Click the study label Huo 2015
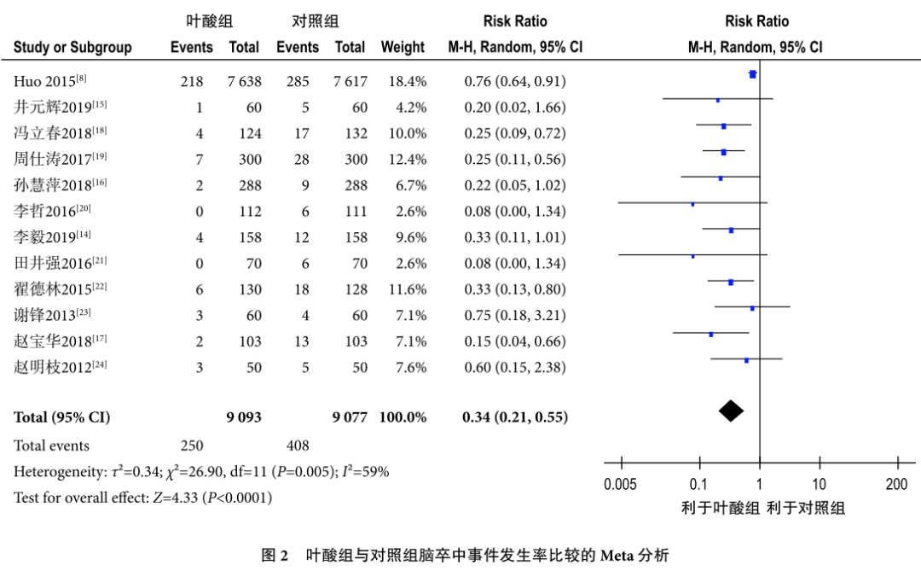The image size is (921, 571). click(49, 82)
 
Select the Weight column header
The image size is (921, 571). click(403, 48)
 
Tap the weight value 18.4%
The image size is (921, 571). click(407, 82)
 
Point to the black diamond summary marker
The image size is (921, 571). click(731, 411)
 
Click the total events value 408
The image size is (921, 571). click(298, 446)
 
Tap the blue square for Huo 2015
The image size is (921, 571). click(752, 74)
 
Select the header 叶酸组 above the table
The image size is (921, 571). click(211, 20)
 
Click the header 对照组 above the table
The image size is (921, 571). click(315, 20)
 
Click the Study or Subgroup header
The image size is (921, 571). click(72, 48)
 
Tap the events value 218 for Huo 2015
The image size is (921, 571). click(192, 82)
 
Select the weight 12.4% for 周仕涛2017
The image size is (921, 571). click(407, 160)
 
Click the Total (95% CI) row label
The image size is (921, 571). click(61, 418)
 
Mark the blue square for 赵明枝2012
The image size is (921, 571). click(746, 360)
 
